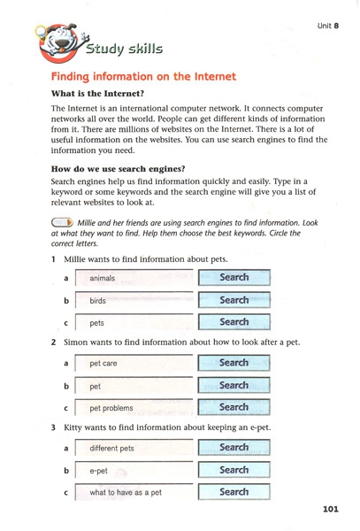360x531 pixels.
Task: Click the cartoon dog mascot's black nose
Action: [x=62, y=43]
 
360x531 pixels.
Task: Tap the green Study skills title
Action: [x=124, y=49]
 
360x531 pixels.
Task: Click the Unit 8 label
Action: [x=327, y=26]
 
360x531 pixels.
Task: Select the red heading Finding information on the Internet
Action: [x=143, y=76]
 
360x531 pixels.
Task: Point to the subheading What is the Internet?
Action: [x=97, y=94]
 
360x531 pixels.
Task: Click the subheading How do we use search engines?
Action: [x=118, y=169]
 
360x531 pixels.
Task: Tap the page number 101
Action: [x=331, y=509]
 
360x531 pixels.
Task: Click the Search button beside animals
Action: [x=234, y=277]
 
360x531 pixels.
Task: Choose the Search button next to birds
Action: [x=234, y=300]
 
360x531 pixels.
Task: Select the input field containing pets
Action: [x=134, y=322]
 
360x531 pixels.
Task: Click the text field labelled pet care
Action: [x=134, y=363]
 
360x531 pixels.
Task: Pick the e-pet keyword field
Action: [x=134, y=471]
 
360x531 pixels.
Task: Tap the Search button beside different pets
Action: [x=234, y=447]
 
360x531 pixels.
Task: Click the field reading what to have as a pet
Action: [x=134, y=492]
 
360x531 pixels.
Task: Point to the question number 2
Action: [x=53, y=342]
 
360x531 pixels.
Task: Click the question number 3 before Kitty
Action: [x=53, y=427]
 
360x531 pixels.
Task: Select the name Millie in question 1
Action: [x=75, y=259]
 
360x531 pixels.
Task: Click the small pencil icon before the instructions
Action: [x=62, y=222]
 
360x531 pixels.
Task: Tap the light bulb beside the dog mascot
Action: [x=41, y=32]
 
